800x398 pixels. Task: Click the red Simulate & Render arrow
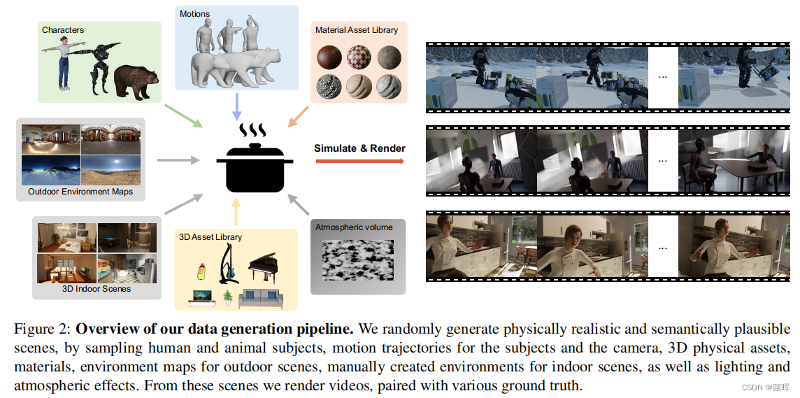pos(359,161)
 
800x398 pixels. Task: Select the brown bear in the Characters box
pos(136,81)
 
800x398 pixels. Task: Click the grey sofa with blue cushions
pos(261,298)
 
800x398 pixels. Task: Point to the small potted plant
pos(227,298)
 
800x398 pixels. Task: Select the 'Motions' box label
pos(194,14)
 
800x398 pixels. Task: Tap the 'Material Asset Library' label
pos(357,30)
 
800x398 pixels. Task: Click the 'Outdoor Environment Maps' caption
pos(80,192)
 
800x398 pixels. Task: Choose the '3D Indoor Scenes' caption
pos(97,288)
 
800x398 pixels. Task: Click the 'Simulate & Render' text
pos(359,148)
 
